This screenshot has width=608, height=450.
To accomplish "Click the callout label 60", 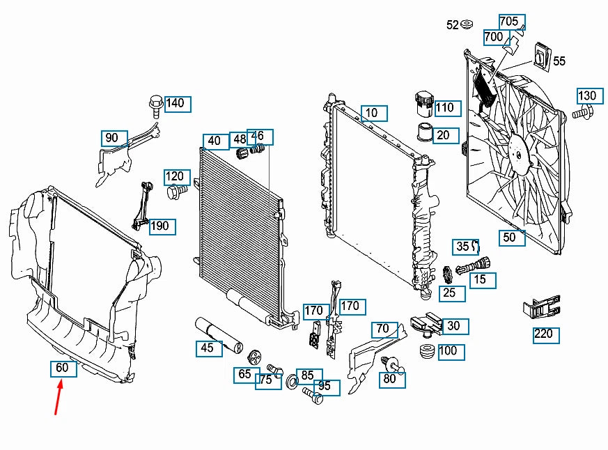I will pyautogui.click(x=63, y=368).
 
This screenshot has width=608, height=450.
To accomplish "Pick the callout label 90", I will pyautogui.click(x=113, y=138).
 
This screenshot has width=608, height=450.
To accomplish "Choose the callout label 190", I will pyautogui.click(x=159, y=226).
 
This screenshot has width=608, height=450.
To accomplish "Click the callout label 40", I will pyautogui.click(x=214, y=141).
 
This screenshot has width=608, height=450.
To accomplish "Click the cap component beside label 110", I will pyautogui.click(x=422, y=102).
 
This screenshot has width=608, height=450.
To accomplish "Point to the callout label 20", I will pyautogui.click(x=444, y=135).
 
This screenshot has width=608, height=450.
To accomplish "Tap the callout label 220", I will pyautogui.click(x=543, y=334).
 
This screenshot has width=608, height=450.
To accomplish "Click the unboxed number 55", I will pyautogui.click(x=559, y=61).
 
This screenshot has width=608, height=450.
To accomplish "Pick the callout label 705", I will pyautogui.click(x=509, y=22).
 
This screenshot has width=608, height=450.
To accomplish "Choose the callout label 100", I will pyautogui.click(x=449, y=351).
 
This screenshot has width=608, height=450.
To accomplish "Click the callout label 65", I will pyautogui.click(x=244, y=375).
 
